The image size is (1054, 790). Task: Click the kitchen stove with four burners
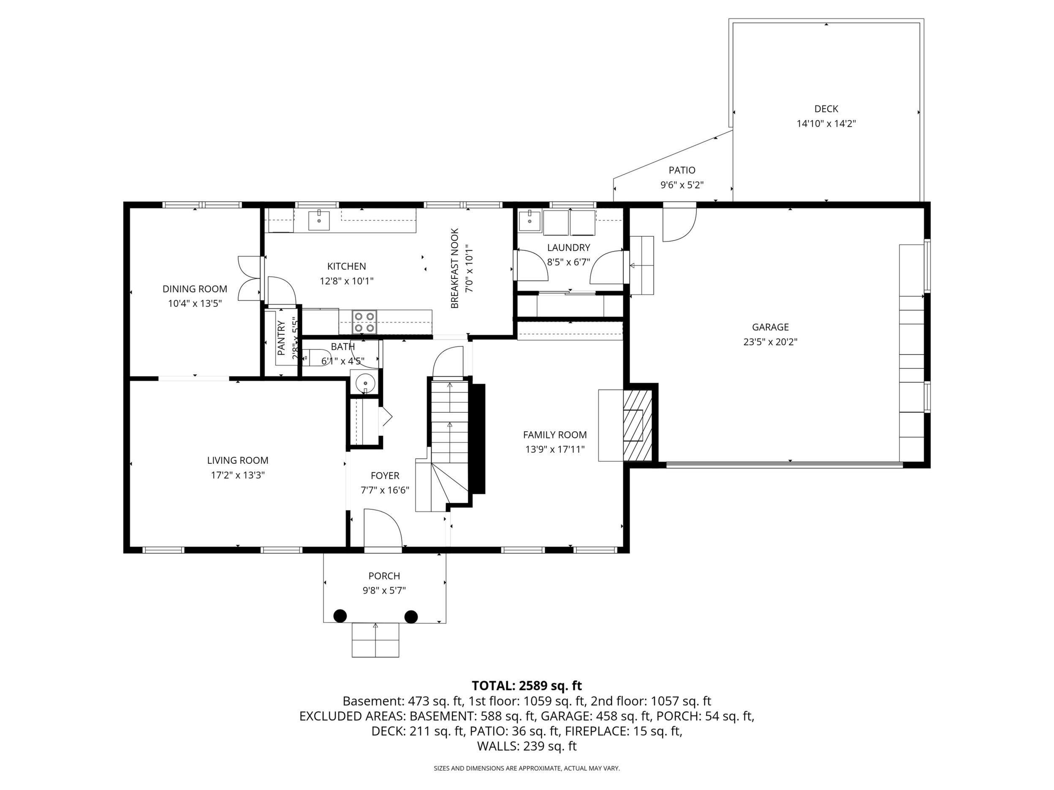tap(364, 322)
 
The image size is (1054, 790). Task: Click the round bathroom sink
tap(365, 382)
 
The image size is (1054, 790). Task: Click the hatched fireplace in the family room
tap(637, 425)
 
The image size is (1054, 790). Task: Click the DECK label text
tap(826, 109)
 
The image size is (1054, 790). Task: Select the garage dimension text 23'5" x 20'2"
tap(771, 342)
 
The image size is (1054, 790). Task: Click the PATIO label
tap(682, 170)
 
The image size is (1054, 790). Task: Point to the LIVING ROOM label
tap(238, 460)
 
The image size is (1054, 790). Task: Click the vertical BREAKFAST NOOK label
tap(454, 268)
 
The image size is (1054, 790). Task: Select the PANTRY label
tap(281, 338)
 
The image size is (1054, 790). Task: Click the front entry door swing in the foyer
tap(383, 528)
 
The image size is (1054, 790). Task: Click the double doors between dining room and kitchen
tap(250, 279)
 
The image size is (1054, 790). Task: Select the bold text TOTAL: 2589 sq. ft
tap(527, 686)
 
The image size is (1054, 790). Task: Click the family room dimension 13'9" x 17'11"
tap(554, 449)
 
